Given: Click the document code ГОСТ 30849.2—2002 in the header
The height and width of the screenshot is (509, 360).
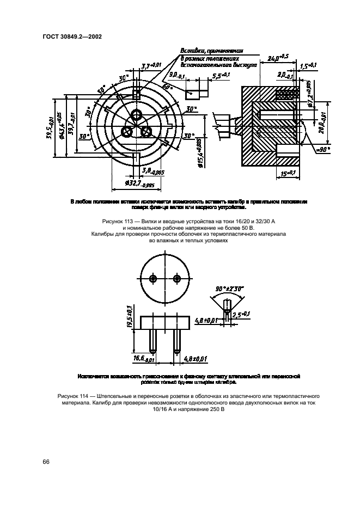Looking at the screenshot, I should click(72, 37).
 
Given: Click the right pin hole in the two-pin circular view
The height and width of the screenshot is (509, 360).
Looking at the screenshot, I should click(176, 278).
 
